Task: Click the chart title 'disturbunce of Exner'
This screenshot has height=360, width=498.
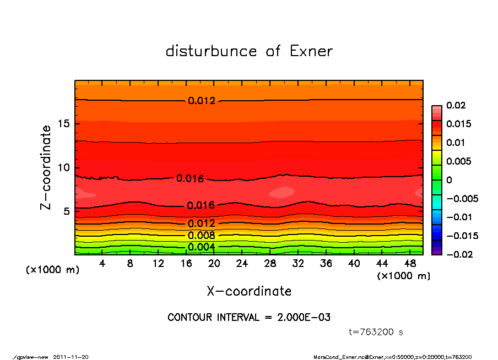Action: click(249, 51)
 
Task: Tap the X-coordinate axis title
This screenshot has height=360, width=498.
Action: click(249, 291)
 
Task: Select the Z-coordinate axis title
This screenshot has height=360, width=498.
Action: click(46, 167)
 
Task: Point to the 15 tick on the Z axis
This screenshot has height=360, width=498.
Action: click(64, 123)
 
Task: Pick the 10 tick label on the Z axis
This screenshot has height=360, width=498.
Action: click(64, 167)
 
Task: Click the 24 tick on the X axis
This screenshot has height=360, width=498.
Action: click(242, 264)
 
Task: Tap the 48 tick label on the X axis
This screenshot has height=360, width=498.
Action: click(410, 264)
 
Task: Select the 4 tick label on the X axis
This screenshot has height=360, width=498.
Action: click(102, 264)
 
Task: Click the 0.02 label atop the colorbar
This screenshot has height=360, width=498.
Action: click(456, 105)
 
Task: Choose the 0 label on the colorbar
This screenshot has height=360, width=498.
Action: click(450, 180)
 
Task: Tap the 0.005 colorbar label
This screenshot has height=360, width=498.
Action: click(458, 161)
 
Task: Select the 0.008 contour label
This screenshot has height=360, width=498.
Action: click(201, 236)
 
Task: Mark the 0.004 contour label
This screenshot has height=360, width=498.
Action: click(201, 247)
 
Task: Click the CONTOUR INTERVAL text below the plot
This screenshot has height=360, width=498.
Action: click(249, 317)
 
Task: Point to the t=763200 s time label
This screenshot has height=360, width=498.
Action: click(376, 332)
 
